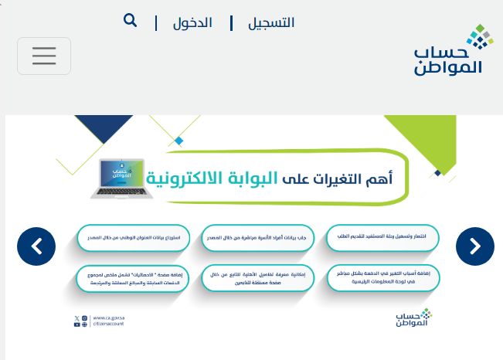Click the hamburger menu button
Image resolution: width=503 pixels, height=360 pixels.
click(x=44, y=56)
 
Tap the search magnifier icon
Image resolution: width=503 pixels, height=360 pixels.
click(x=130, y=20)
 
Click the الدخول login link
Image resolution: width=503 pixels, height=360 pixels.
click(x=192, y=22)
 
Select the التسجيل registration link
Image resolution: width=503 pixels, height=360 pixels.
click(x=270, y=22)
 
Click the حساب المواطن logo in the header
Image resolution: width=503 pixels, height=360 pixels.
click(x=448, y=50)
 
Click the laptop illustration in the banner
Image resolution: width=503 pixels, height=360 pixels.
click(x=117, y=178)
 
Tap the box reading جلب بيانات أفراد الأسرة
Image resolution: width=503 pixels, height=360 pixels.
click(x=257, y=237)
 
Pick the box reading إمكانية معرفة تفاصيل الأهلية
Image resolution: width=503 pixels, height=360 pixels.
click(x=257, y=278)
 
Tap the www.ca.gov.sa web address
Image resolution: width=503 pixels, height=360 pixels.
click(x=107, y=317)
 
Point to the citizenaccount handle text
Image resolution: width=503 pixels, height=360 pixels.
click(x=107, y=324)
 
